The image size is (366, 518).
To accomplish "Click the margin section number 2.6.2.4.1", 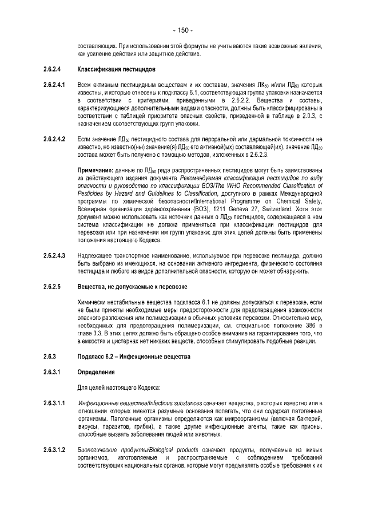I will tap(56, 85).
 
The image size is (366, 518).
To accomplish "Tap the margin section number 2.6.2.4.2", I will tap(56, 139).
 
